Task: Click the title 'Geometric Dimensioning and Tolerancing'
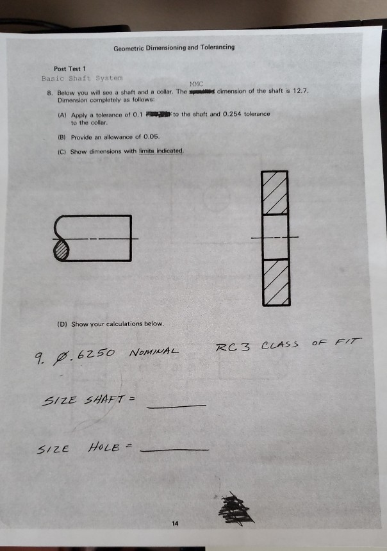[x=174, y=47]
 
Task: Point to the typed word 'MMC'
[x=197, y=84]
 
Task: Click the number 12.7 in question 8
[x=301, y=92]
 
